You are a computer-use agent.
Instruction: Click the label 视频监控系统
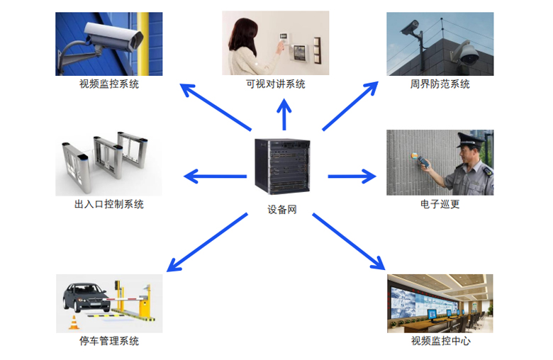coord(109,84)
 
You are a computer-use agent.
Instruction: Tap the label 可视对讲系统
coord(276,84)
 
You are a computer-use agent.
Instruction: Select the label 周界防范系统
coord(440,84)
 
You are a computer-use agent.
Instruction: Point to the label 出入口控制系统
coord(109,204)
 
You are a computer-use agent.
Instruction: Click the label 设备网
coord(281,210)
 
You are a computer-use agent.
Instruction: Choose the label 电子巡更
coord(440,204)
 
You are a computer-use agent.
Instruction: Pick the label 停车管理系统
coord(109,341)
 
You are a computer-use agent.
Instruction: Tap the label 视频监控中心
coord(440,341)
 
